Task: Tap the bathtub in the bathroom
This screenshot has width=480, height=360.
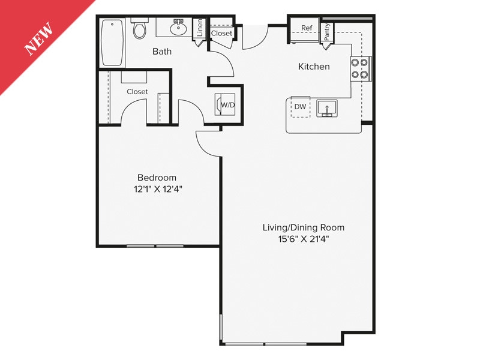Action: (112, 43)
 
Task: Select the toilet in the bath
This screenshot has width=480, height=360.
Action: (140, 29)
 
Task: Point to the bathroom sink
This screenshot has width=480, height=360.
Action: (178, 27)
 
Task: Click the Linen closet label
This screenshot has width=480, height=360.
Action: (200, 29)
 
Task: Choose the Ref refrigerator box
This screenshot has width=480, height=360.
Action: (307, 28)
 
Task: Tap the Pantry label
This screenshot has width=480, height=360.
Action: (327, 32)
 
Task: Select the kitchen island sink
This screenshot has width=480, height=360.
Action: (327, 109)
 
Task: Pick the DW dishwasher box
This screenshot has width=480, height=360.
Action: (301, 107)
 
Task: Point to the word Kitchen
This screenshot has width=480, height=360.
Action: (314, 67)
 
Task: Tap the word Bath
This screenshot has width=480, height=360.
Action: (162, 52)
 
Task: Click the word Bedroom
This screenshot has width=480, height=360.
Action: (157, 178)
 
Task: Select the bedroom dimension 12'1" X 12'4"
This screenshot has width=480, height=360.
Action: (157, 189)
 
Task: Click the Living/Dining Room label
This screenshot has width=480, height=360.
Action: (303, 227)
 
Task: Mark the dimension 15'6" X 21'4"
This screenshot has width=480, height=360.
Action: (303, 239)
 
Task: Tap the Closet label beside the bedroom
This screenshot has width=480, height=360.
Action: (137, 92)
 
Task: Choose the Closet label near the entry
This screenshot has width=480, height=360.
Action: (221, 34)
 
